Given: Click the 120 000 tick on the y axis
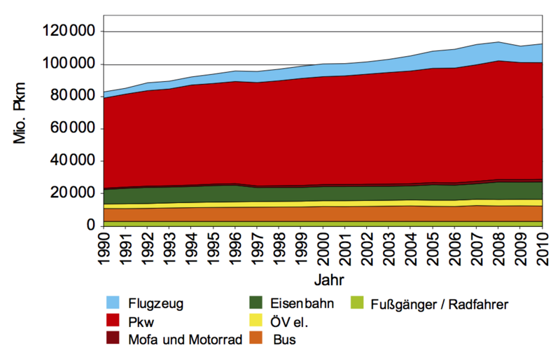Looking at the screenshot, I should tap(68, 32).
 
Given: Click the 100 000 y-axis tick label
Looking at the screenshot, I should tap(68, 64).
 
